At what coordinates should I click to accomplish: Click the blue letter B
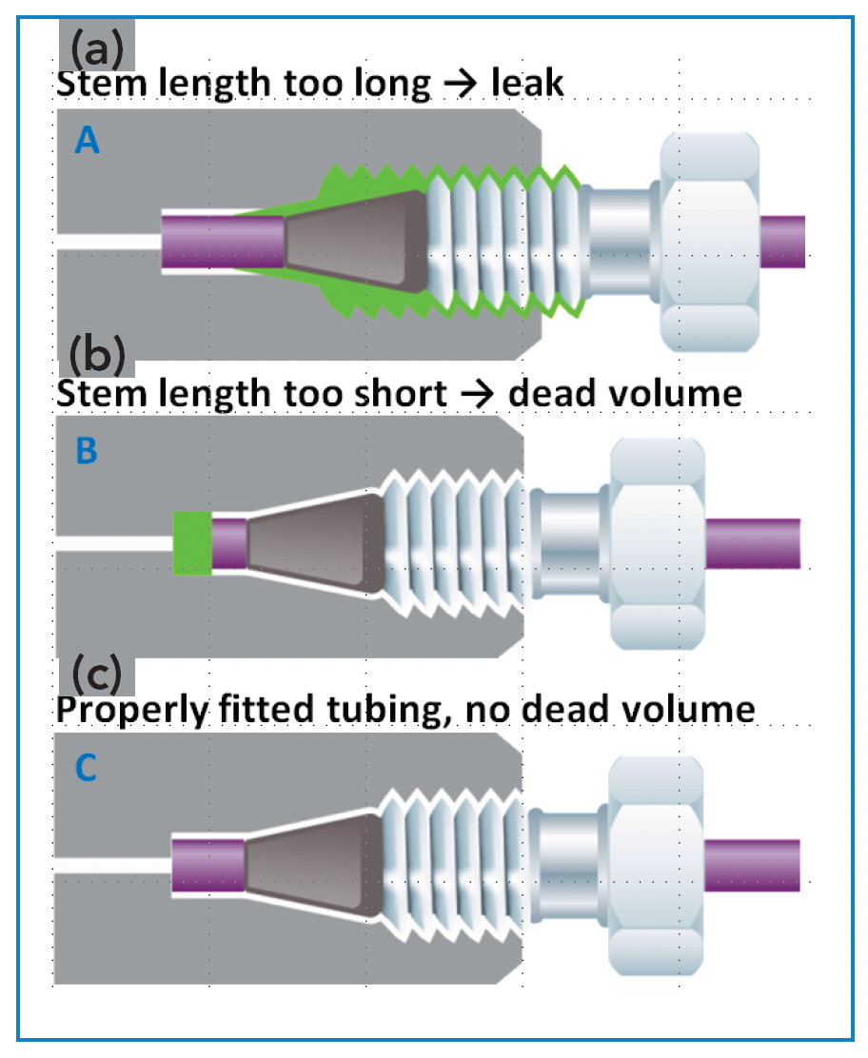click(87, 450)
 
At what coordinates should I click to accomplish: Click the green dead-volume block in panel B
click(191, 542)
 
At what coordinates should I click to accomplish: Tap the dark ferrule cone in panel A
click(356, 241)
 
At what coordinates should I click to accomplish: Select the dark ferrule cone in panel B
click(313, 542)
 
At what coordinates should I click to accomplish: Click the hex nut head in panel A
click(709, 242)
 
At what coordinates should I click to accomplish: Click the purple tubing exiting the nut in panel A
click(783, 241)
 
